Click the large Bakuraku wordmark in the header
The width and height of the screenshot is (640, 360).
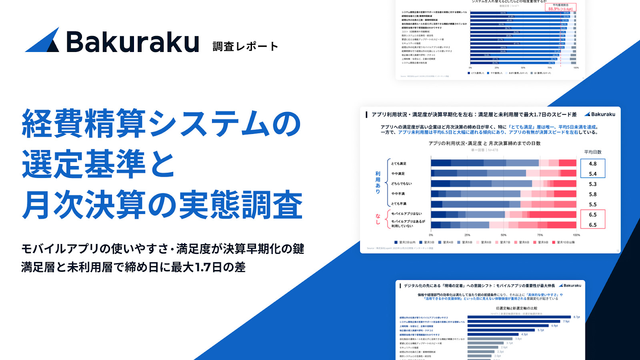132,42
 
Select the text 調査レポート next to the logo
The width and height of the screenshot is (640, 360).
245,46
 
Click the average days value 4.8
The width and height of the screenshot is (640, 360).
592,164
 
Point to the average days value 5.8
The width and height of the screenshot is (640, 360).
592,194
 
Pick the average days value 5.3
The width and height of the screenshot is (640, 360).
592,184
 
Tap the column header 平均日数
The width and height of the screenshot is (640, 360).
592,152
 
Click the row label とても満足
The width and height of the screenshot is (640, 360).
399,164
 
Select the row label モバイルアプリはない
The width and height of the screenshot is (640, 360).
406,214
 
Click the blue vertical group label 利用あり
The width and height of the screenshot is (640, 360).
378,182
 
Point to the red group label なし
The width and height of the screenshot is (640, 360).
378,219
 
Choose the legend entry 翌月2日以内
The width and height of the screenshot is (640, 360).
405,242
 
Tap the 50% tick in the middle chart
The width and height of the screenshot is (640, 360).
504,235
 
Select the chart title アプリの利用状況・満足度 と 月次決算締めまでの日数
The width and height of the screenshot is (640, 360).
484,143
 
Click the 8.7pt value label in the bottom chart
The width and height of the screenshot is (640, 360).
576,317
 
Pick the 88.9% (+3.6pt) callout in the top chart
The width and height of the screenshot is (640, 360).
560,9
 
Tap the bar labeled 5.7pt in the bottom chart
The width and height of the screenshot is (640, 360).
502,330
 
